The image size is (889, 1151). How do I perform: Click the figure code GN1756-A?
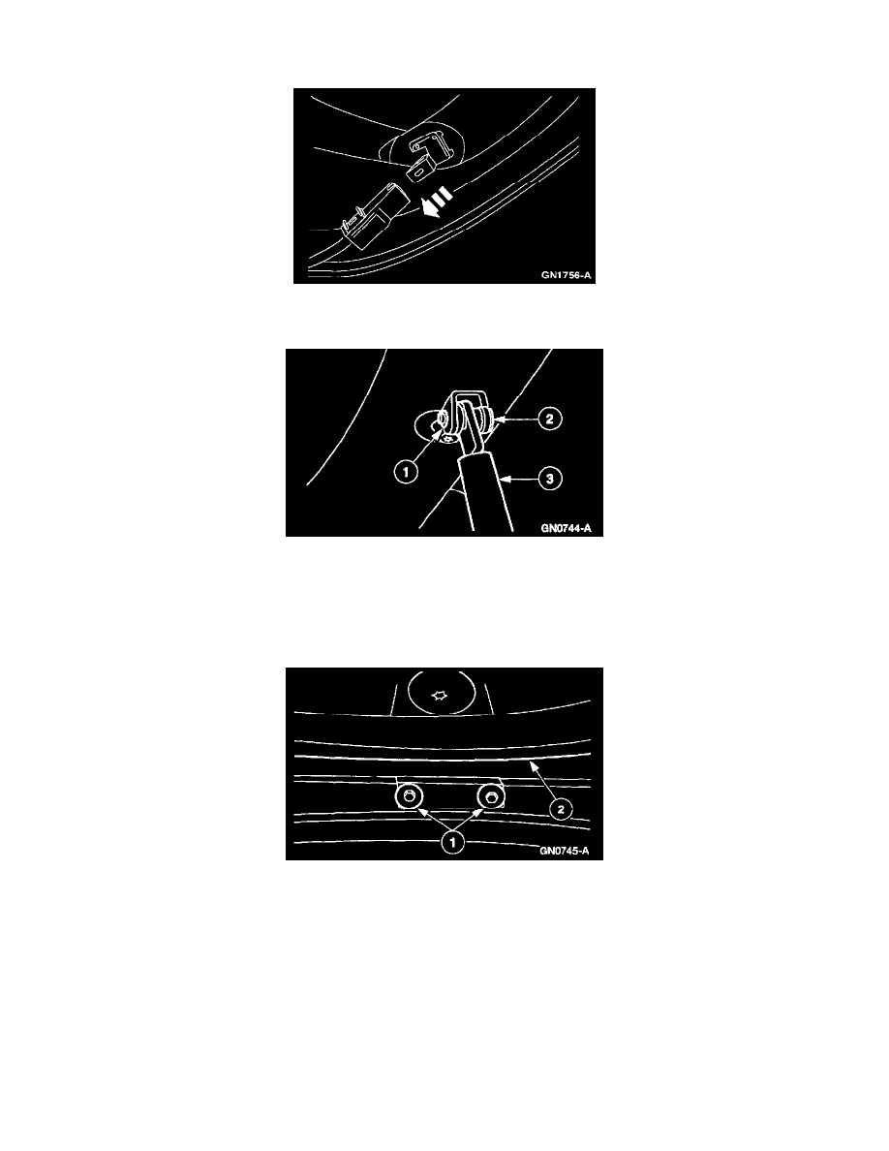click(x=566, y=275)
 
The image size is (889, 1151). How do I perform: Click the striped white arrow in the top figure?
click(x=437, y=202)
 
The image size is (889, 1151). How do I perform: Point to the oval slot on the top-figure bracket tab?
click(x=417, y=171)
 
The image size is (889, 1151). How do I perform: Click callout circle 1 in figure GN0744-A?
click(x=406, y=471)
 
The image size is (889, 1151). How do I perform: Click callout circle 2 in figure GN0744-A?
click(x=550, y=420)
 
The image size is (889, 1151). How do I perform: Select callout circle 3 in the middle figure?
click(x=550, y=479)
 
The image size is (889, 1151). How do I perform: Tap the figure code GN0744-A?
click(x=566, y=528)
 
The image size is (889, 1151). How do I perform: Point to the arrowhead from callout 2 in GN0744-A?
click(x=499, y=420)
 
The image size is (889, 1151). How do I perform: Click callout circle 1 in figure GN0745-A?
click(x=452, y=842)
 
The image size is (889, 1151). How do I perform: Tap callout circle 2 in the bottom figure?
click(x=561, y=809)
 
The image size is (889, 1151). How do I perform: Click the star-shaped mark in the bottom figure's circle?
click(x=440, y=695)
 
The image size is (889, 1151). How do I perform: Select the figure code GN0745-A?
click(x=565, y=852)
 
